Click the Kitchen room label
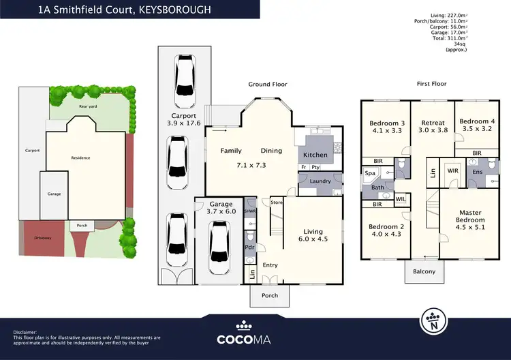(x=315, y=155)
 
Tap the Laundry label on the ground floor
(x=320, y=181)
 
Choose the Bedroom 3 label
(x=387, y=123)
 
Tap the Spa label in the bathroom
(x=371, y=174)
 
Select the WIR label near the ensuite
(x=452, y=170)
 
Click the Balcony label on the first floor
(x=424, y=271)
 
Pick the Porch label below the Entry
(x=269, y=295)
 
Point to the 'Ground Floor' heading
(x=267, y=85)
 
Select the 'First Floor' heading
(x=431, y=85)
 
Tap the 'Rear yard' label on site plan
(x=87, y=106)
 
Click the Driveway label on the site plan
(x=42, y=237)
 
